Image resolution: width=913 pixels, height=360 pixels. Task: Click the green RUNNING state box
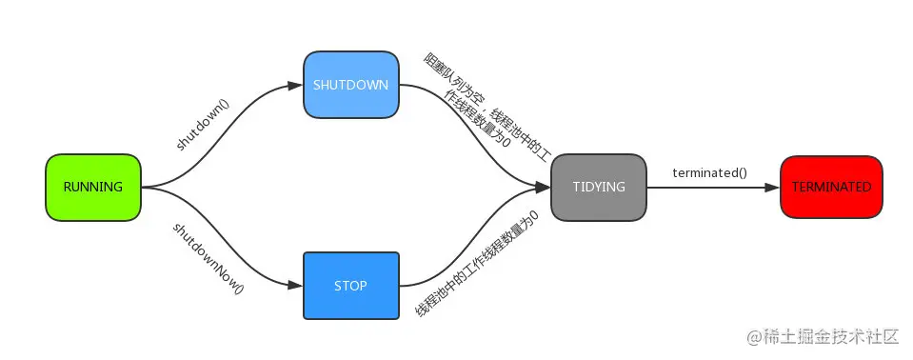93,187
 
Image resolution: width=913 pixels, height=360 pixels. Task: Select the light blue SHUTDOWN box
350,84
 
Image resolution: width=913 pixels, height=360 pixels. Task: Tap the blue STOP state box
350,285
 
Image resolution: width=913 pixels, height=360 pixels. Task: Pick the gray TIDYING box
598,187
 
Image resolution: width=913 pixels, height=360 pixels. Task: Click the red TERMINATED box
831,187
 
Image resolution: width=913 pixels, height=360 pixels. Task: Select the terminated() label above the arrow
709,172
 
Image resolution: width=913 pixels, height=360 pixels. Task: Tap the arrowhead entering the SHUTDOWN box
296,85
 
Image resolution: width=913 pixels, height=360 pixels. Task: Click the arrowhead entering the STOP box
296,285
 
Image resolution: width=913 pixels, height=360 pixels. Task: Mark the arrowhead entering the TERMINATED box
772,187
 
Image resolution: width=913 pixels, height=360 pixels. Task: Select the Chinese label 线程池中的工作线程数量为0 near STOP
476,265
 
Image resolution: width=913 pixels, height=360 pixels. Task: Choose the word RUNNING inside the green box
93,187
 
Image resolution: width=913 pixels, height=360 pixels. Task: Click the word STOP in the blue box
350,285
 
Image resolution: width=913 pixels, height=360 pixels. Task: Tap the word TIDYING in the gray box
598,187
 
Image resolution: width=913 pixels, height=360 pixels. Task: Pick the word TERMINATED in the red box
831,187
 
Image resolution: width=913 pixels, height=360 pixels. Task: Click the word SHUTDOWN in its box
350,84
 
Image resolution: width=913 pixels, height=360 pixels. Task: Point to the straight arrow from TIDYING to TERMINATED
709,187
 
